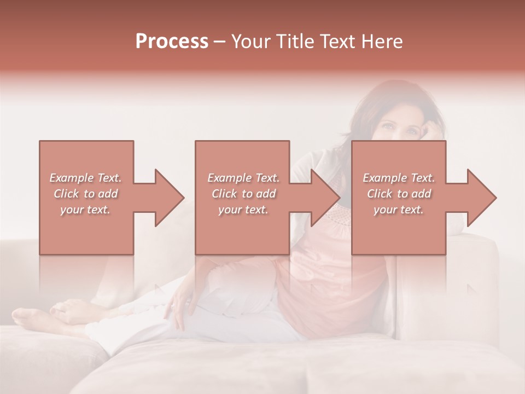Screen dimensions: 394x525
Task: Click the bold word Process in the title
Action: (x=172, y=42)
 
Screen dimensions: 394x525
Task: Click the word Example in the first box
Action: (x=71, y=178)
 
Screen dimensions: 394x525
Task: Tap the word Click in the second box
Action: (x=224, y=194)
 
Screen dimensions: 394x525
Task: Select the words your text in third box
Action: (x=399, y=210)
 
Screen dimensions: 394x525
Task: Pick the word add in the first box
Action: (x=108, y=194)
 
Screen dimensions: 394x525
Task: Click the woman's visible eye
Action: (x=387, y=127)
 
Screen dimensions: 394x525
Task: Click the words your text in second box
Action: (x=243, y=210)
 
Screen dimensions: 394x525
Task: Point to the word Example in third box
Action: (x=384, y=178)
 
